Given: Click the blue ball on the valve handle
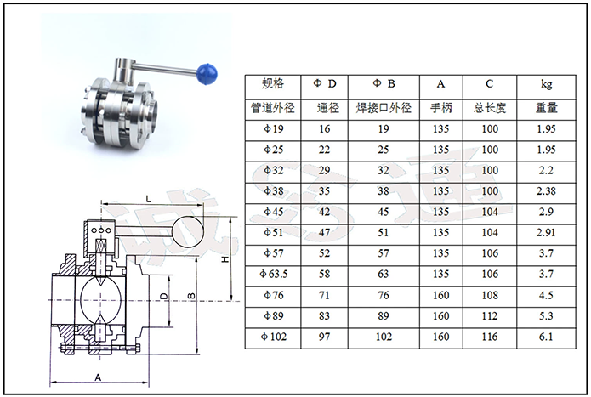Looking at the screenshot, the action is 207,73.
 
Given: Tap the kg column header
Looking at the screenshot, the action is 546,83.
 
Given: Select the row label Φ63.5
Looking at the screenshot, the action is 273,274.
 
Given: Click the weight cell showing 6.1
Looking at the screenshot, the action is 546,336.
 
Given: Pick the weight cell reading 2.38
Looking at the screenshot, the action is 546,191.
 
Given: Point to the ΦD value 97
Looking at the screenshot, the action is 324,336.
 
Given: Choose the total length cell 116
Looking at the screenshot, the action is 490,336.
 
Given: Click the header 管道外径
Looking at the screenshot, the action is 273,109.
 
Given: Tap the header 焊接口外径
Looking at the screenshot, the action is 384,109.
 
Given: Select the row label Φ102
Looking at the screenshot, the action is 274,336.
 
